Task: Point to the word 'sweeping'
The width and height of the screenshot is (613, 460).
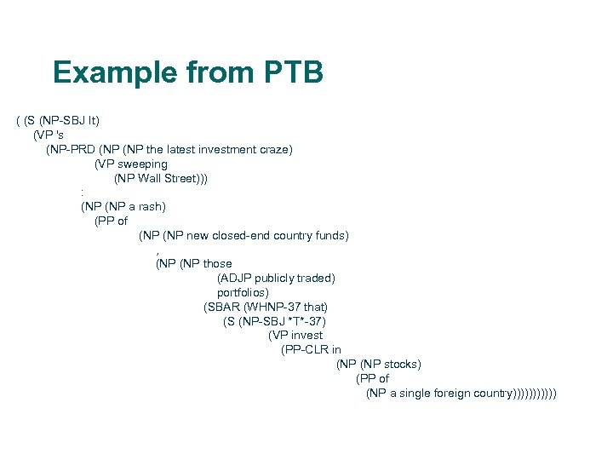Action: tap(142, 164)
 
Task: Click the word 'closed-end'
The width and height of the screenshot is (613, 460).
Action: tap(243, 235)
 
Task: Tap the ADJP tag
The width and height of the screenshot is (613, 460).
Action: tap(238, 279)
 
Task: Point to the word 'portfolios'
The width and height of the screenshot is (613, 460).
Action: tap(242, 292)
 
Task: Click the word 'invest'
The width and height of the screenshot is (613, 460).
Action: tap(306, 336)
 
